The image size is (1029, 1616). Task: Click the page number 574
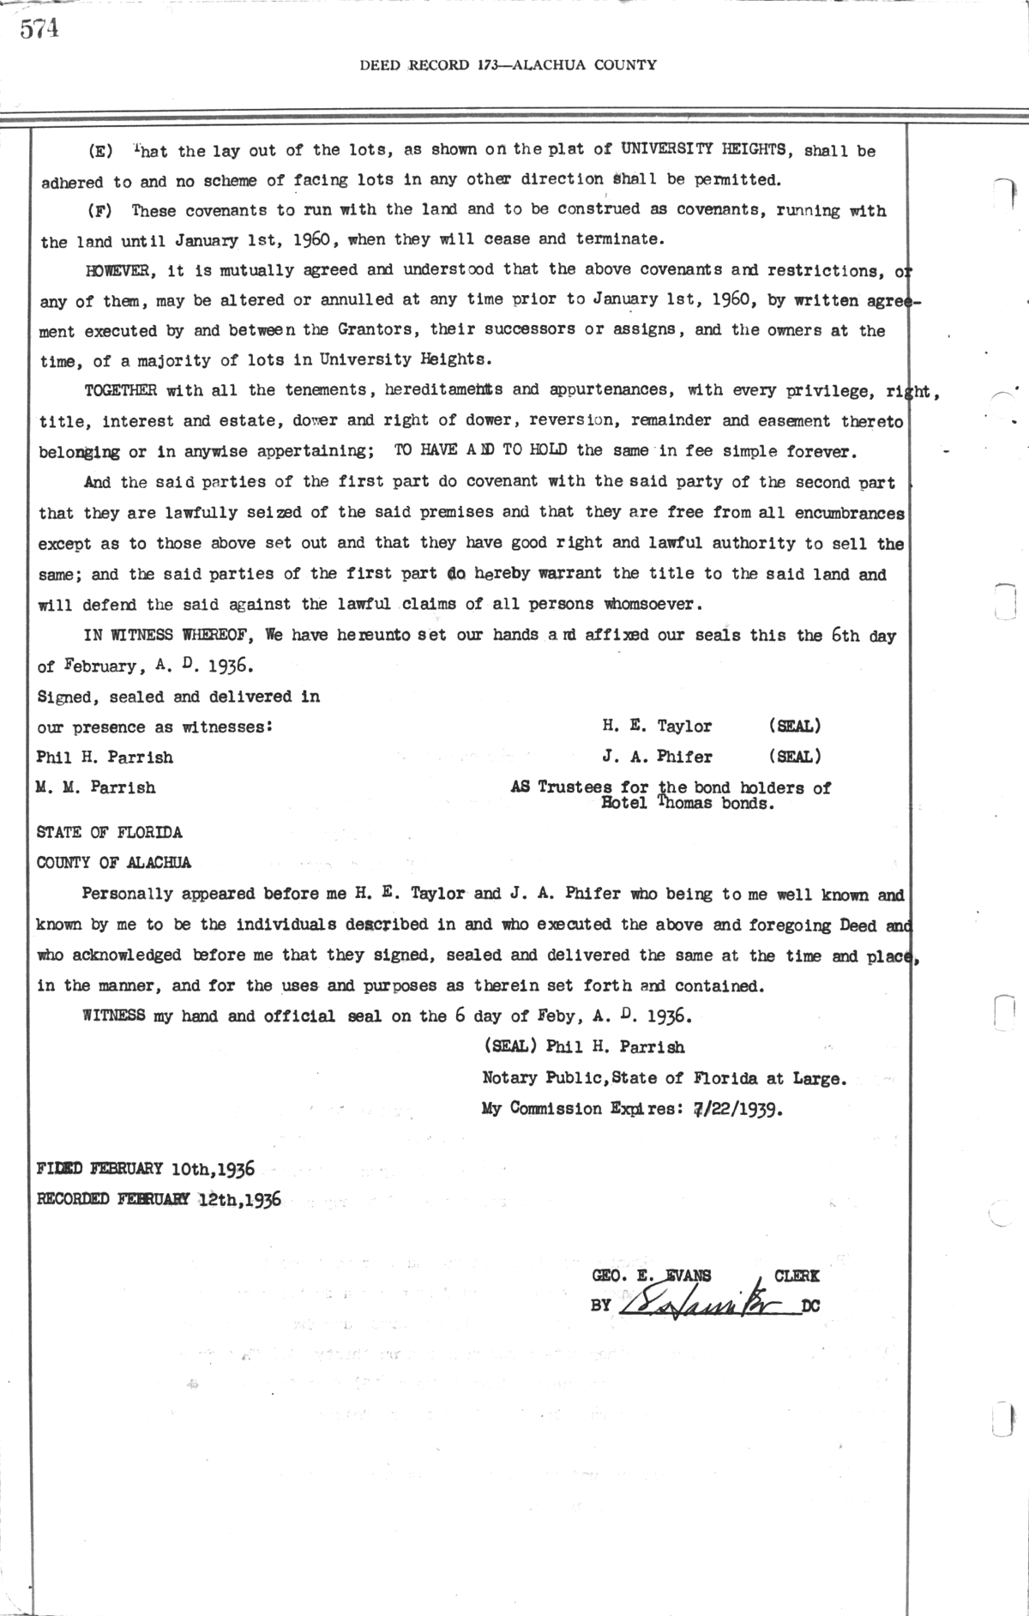[x=39, y=29]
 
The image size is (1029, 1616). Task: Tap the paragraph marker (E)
[x=100, y=152]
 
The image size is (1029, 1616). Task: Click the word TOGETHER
[x=120, y=391]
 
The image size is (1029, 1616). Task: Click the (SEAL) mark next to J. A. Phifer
[x=795, y=757]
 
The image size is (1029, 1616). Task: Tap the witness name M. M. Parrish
[x=96, y=787]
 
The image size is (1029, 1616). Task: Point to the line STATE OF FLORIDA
[x=109, y=833]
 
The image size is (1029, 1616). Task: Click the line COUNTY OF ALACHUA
[x=114, y=863]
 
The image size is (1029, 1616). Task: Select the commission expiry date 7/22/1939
[x=737, y=1109]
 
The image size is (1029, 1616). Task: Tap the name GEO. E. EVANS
[x=652, y=1276]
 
